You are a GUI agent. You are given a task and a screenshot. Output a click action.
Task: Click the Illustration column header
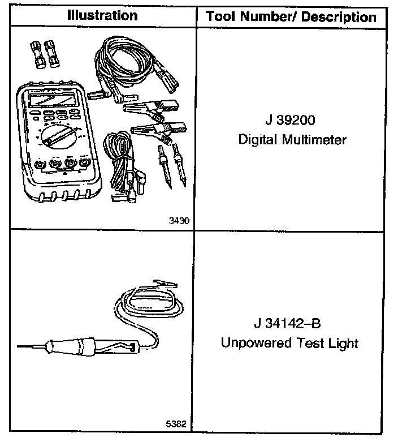pos(102,15)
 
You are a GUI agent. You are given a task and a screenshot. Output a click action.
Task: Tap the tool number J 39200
pos(291,121)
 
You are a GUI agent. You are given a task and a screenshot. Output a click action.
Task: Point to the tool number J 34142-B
pos(289,325)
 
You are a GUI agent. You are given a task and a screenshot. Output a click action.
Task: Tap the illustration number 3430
pos(179,221)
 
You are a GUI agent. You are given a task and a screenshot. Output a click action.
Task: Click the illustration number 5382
pos(178,424)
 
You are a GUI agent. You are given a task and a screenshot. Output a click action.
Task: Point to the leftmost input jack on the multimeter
pos(38,165)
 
